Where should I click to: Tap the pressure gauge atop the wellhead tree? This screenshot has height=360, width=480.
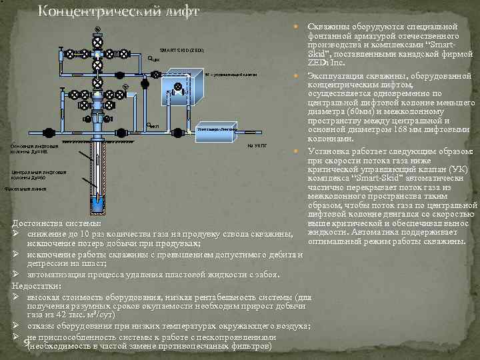pyautogui.click(x=98, y=29)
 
